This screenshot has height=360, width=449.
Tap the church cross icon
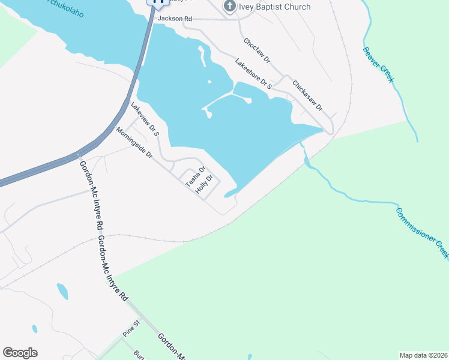pos(229,7)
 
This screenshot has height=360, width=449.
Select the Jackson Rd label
pos(175,19)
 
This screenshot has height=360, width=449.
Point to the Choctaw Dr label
pos(258,52)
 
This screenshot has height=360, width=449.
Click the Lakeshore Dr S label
pos(253,74)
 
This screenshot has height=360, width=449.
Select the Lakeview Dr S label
pos(145,118)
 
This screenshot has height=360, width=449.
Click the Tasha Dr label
pos(196,177)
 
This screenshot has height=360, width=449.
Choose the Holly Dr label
pos(205,184)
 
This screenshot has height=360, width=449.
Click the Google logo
pos(20,353)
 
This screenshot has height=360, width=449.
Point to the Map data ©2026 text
pos(423,355)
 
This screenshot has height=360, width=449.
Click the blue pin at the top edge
pos(158,3)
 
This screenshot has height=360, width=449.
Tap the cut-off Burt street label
pos(139,355)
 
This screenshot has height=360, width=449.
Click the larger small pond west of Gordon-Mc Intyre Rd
pos(62,292)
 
